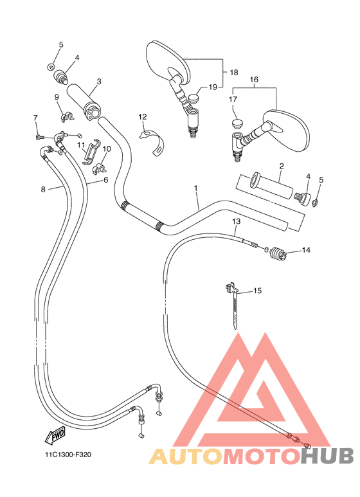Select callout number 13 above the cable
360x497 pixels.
click(x=236, y=222)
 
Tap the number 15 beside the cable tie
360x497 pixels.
click(x=257, y=291)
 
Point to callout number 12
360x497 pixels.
click(x=142, y=117)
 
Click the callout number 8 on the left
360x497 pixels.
click(x=43, y=189)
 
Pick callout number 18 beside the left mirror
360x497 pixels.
click(x=234, y=73)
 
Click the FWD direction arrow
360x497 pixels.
click(x=53, y=436)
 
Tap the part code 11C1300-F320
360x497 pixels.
click(x=68, y=455)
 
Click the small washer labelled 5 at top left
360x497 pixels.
click(x=51, y=66)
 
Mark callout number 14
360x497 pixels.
click(x=306, y=250)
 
